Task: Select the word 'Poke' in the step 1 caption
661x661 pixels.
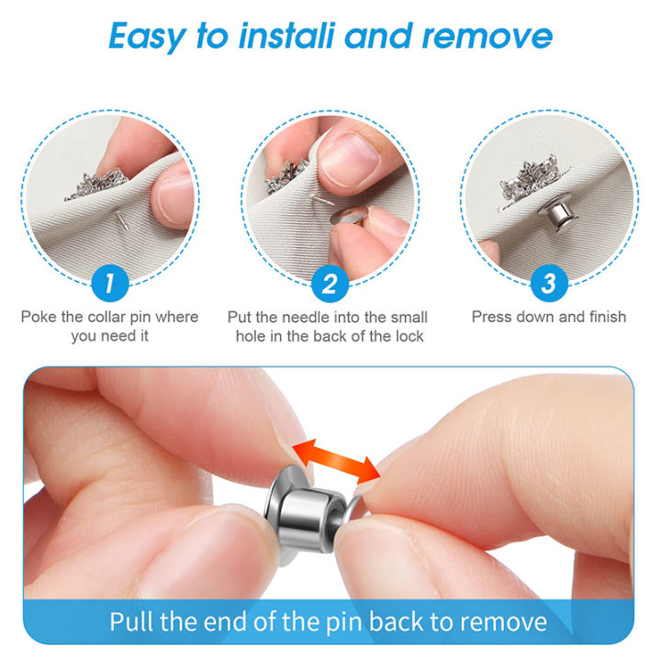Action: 39,318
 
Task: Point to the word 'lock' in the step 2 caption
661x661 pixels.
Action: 409,337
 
